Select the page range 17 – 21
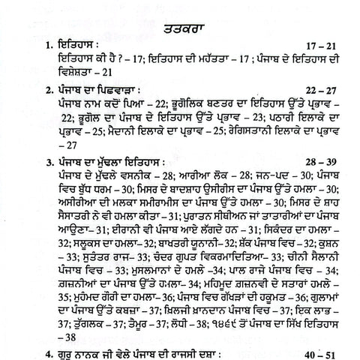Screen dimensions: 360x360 point(319,43)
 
